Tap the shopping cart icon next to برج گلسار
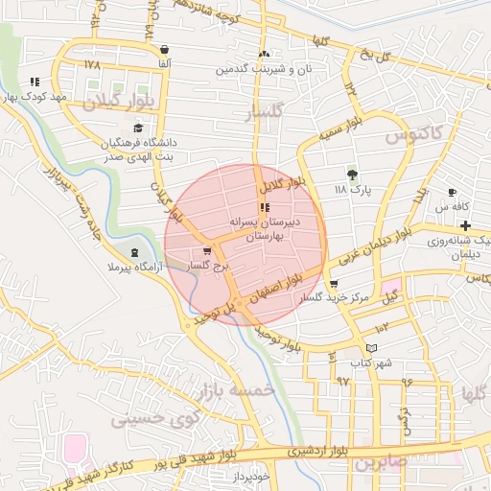tap(208, 251)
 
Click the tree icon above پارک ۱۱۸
tap(352, 175)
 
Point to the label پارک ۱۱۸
tap(352, 191)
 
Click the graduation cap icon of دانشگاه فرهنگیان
tap(138, 128)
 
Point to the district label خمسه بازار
tap(237, 391)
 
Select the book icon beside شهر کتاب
tap(372, 349)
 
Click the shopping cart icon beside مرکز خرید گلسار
tap(334, 284)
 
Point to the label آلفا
tap(165, 63)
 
